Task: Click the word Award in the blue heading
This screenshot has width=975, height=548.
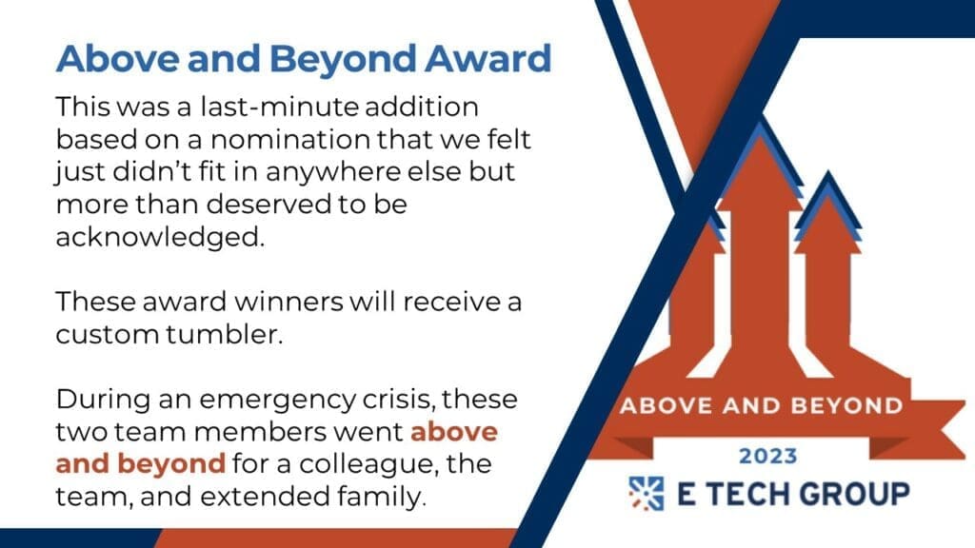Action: click(x=488, y=58)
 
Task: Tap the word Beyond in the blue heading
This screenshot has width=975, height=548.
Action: click(x=343, y=60)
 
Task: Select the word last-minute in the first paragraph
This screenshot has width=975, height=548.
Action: click(x=279, y=107)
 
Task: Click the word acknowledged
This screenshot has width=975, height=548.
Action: click(x=160, y=237)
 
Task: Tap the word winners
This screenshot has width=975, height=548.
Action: click(x=288, y=302)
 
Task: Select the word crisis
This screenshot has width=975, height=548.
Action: click(x=406, y=399)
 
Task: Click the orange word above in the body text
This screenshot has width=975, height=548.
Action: click(x=454, y=432)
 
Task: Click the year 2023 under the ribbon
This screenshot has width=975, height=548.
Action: click(x=768, y=456)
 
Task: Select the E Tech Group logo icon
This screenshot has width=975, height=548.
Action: click(x=647, y=494)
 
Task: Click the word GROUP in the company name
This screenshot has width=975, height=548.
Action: click(x=854, y=494)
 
